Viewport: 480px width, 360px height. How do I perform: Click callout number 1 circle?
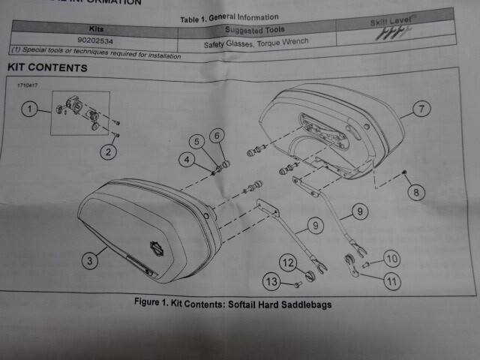pyautogui.click(x=29, y=109)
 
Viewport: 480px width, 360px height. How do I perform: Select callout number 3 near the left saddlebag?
pyautogui.click(x=89, y=260)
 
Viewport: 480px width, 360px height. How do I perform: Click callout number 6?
pyautogui.click(x=217, y=135)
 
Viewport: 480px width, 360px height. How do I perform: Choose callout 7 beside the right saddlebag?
pyautogui.click(x=421, y=109)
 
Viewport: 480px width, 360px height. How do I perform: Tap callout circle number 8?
pyautogui.click(x=415, y=191)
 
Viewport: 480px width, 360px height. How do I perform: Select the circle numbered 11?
pyautogui.click(x=392, y=282)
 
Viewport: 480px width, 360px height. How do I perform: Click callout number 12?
pyautogui.click(x=289, y=262)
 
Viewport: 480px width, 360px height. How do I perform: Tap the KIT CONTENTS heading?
pyautogui.click(x=47, y=67)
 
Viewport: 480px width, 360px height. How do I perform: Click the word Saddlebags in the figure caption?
pyautogui.click(x=304, y=304)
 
